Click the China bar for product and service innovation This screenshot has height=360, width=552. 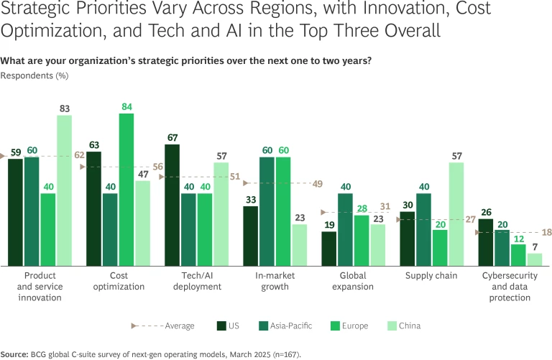point(65,190)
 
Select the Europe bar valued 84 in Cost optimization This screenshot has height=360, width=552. point(126,190)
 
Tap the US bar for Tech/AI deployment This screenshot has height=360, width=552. point(172,205)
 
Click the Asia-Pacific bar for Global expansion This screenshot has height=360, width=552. point(346,229)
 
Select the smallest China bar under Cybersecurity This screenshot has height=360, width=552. point(534,259)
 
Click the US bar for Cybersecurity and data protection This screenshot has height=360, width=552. point(486,242)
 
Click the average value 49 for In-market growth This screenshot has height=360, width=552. point(318,183)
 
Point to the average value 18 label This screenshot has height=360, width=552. point(546,233)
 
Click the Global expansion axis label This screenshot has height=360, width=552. point(353,281)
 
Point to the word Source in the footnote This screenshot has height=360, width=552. point(14,354)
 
